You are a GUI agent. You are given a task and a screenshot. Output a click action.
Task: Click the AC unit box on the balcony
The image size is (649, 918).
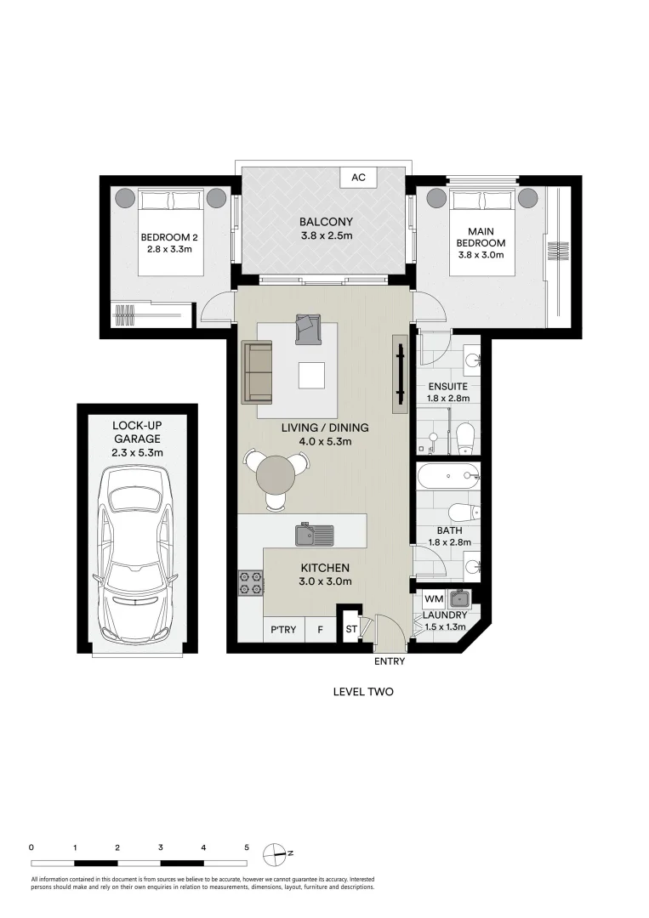click(358, 178)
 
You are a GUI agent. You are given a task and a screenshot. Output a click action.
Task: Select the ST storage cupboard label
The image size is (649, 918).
click(350, 630)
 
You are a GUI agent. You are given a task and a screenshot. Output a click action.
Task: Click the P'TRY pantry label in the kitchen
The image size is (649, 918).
click(282, 630)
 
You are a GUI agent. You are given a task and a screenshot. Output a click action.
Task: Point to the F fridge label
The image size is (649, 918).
click(321, 630)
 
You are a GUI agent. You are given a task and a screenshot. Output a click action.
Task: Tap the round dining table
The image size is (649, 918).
click(277, 474)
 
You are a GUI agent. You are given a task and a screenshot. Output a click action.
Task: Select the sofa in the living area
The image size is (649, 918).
click(257, 371)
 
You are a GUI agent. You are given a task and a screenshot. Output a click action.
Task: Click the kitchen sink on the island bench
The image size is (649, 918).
click(315, 535)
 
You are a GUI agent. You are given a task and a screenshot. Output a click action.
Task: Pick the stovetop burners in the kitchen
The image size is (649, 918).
click(250, 582)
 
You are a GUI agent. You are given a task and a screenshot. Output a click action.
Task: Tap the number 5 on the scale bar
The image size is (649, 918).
click(247, 847)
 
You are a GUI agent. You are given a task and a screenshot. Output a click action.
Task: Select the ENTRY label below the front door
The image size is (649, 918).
click(390, 661)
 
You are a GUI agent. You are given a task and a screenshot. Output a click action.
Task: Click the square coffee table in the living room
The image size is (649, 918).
click(310, 375)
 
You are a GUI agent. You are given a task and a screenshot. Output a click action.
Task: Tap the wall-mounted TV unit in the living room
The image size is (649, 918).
click(398, 371)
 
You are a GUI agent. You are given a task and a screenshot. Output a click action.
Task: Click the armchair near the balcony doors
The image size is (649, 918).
click(307, 329)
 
